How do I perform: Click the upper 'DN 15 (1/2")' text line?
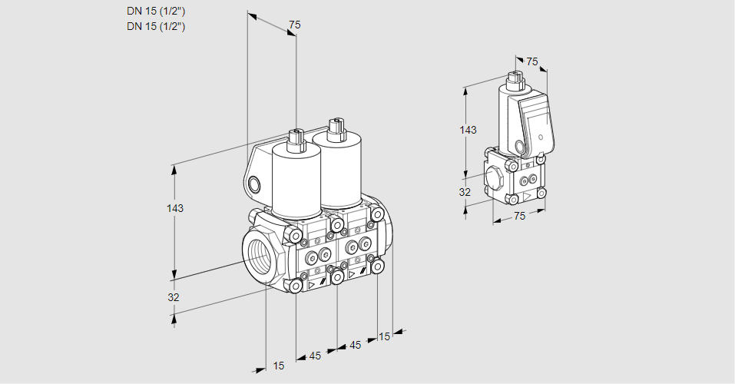(156, 11)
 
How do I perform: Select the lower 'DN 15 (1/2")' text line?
(156, 26)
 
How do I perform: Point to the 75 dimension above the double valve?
(294, 25)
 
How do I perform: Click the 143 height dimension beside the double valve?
(175, 208)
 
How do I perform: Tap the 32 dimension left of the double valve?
(174, 297)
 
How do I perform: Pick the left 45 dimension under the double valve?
(315, 356)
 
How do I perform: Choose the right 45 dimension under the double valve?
(355, 345)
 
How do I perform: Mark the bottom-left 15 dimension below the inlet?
(278, 366)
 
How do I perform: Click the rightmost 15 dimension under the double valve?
(384, 336)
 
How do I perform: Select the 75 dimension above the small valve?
(532, 62)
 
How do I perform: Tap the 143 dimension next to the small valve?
(468, 130)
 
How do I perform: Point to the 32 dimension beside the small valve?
(465, 192)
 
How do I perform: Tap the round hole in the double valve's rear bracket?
(255, 184)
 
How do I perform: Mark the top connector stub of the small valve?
(515, 78)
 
